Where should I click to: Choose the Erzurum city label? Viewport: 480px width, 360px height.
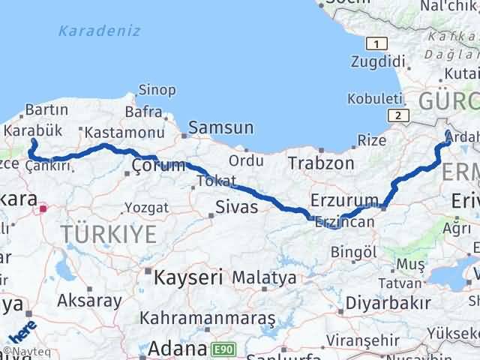(343, 199)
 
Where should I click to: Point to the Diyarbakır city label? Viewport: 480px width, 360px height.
(388, 303)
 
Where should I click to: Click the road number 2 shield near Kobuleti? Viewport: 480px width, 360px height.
(397, 114)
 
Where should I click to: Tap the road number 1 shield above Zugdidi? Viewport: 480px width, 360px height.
(376, 43)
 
